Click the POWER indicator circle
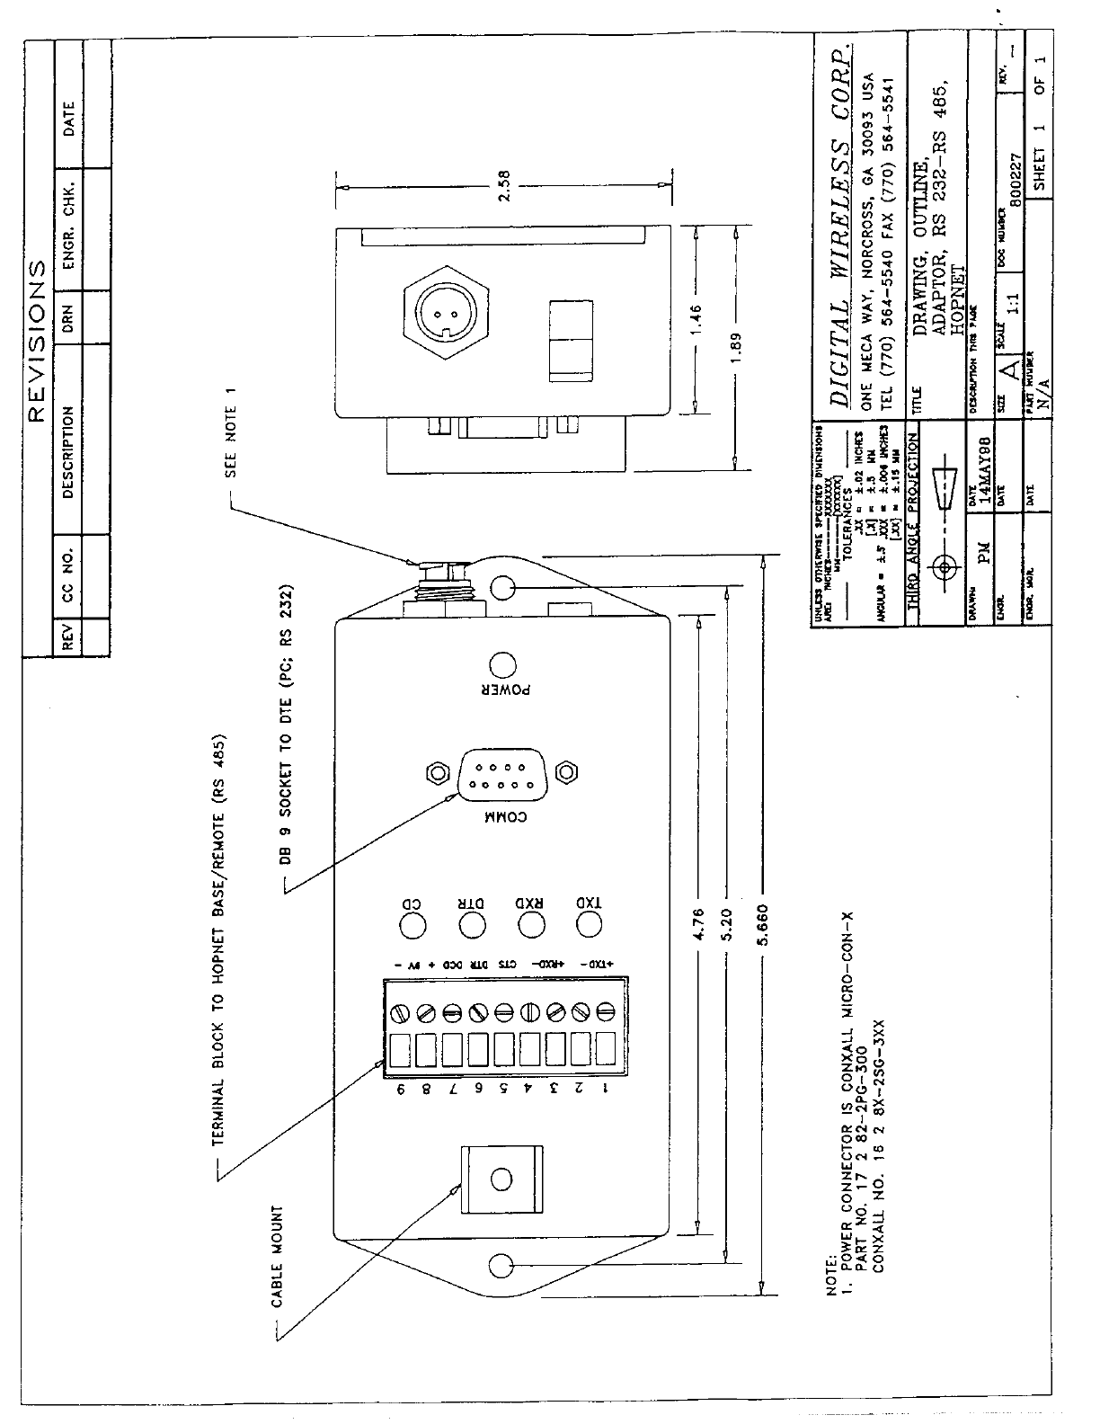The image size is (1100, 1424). tap(502, 666)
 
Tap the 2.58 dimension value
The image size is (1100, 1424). tap(503, 186)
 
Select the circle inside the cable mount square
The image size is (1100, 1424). tap(502, 1179)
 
